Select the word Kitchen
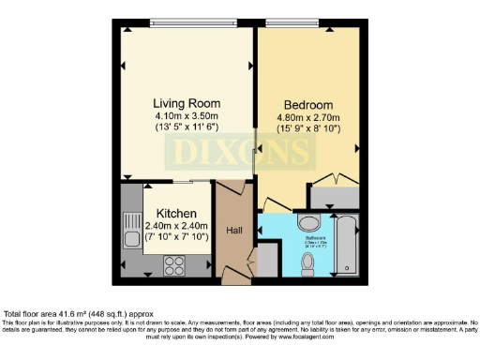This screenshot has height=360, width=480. [175, 214]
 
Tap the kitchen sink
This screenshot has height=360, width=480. [131, 230]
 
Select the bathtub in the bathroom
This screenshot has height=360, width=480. [344, 247]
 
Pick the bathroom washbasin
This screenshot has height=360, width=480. [307, 225]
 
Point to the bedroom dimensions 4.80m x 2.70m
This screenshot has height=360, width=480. [309, 119]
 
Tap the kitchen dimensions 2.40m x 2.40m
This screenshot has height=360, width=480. [175, 226]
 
